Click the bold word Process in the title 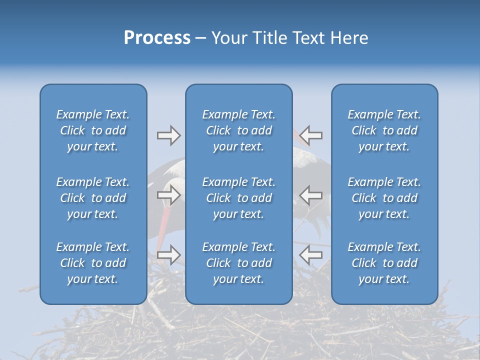point(157,38)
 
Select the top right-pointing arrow point(168,135)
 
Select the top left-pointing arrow point(311,135)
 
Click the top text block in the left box point(93,130)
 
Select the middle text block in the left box point(93,198)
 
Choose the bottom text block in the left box point(93,263)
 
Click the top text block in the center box point(238,130)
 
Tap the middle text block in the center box point(238,198)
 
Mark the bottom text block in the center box point(238,263)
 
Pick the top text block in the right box point(384,130)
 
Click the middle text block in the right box point(384,198)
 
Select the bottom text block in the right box point(384,263)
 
